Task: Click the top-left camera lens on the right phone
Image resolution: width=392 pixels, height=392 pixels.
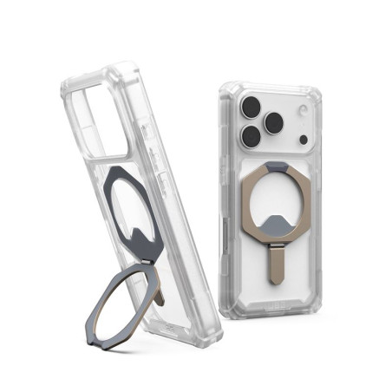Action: (252, 108)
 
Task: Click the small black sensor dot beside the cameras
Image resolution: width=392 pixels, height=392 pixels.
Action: (304, 139)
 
